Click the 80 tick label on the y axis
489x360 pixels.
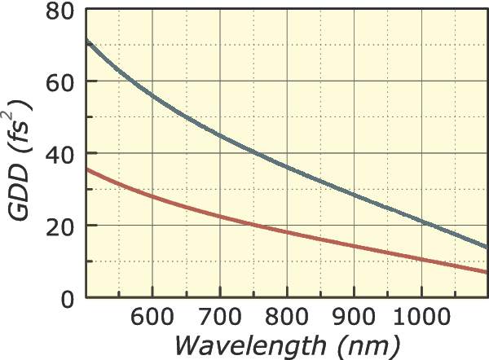pyautogui.click(x=59, y=11)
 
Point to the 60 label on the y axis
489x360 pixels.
pyautogui.click(x=59, y=82)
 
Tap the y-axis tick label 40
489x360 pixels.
pyautogui.click(x=59, y=154)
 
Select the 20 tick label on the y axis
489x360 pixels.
pyautogui.click(x=59, y=226)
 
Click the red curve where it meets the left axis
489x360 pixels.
pyautogui.click(x=86, y=169)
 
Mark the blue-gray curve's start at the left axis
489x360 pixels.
pyautogui.click(x=86, y=41)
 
